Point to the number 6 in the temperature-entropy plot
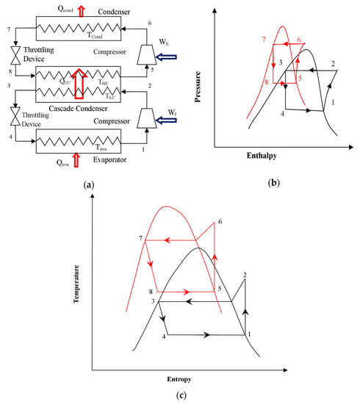[x=220, y=221]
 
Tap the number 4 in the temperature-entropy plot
[x=162, y=336]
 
